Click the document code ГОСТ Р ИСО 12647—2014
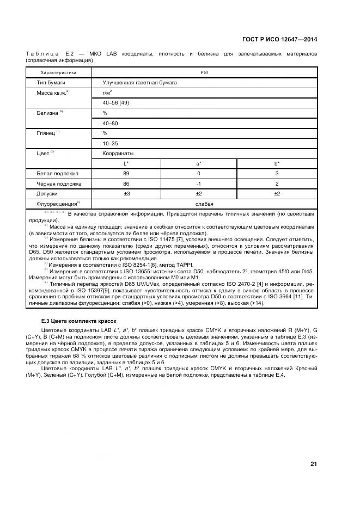coord(279,39)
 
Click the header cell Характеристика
coord(58,72)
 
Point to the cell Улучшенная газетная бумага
coord(139,83)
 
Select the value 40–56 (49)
coord(115,103)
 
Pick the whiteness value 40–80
coord(110,123)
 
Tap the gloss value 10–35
coord(110,143)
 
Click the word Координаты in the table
coord(118,154)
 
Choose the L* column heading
coord(126,163)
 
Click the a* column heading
coord(199,163)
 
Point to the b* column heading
coord(277,163)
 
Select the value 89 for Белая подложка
coord(126,174)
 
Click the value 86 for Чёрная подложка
coord(126,183)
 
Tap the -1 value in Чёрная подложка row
coord(199,183)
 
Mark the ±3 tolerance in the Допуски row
coord(126,193)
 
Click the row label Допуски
coord(47,193)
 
